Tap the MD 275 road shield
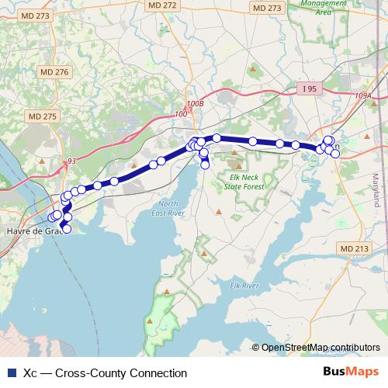43,116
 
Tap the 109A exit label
363,95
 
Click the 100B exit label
195,103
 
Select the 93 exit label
71,161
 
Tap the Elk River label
244,286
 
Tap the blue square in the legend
12,373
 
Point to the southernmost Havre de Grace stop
67,229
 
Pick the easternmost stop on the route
335,154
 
